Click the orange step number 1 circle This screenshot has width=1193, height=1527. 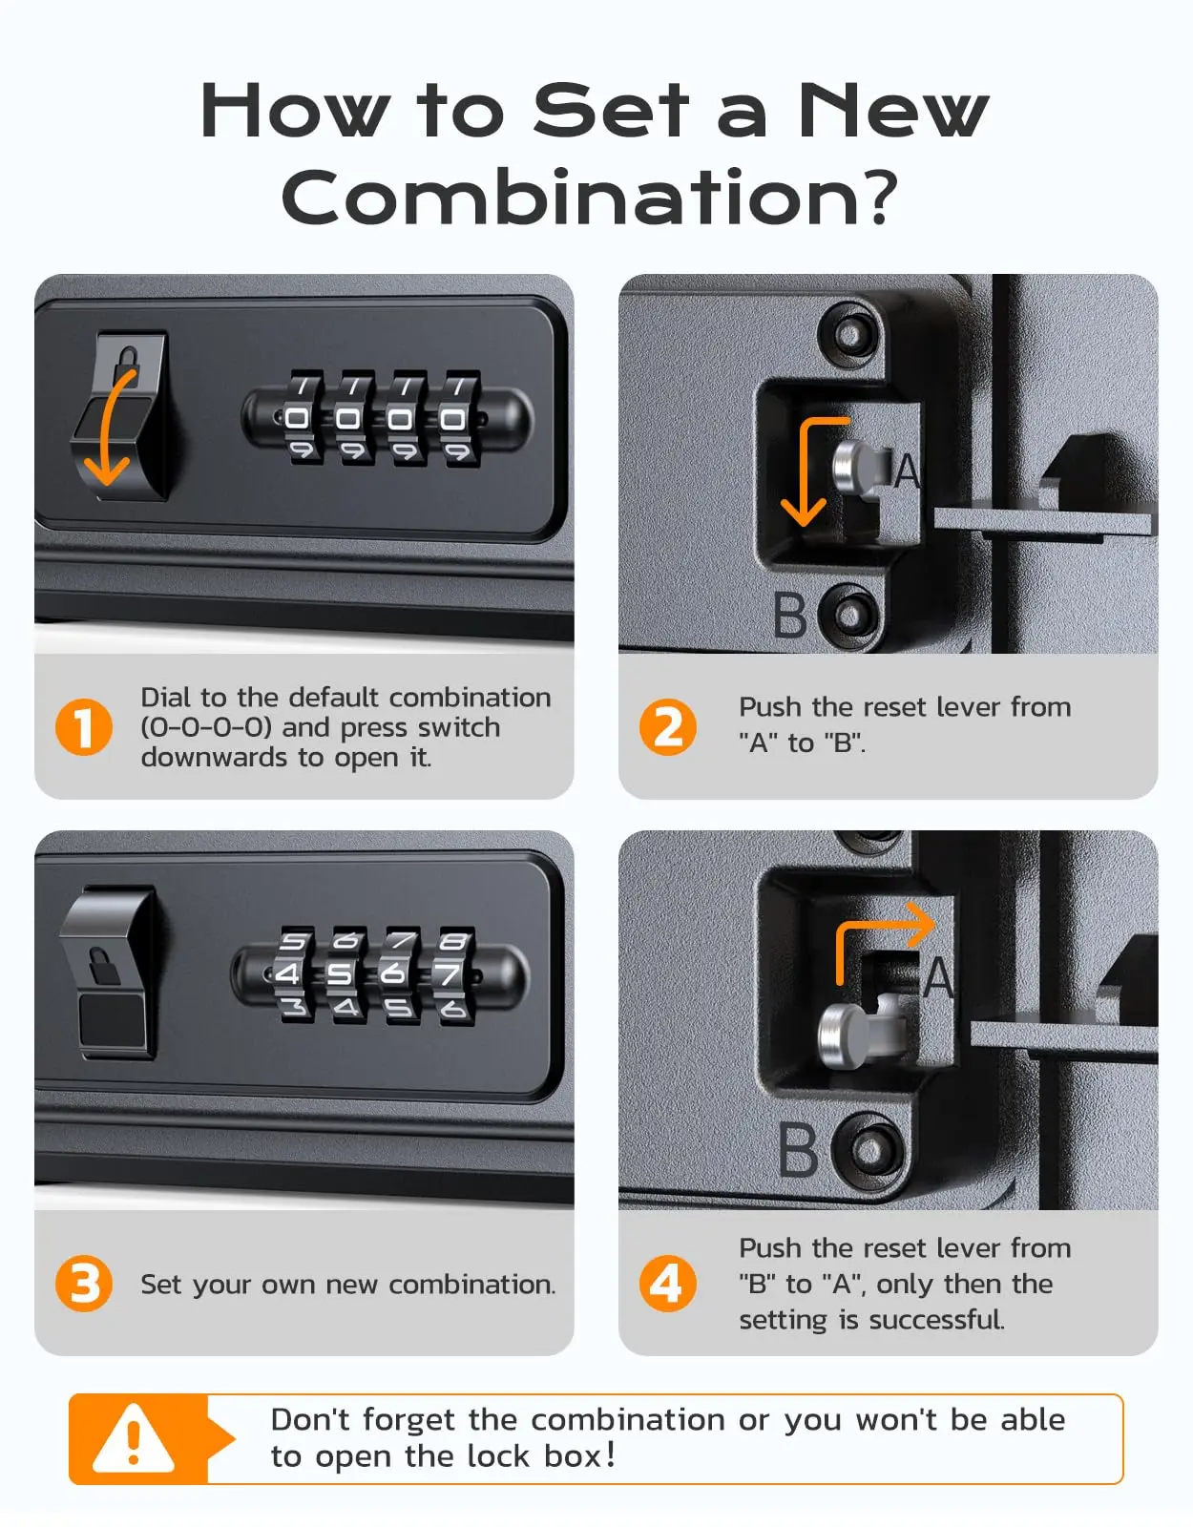pyautogui.click(x=84, y=727)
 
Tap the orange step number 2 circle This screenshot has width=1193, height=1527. pyautogui.click(x=667, y=727)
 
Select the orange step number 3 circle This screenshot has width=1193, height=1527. pyautogui.click(x=84, y=1284)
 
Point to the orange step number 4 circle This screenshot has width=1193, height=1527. pyautogui.click(x=667, y=1284)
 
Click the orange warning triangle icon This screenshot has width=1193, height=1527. pyautogui.click(x=134, y=1439)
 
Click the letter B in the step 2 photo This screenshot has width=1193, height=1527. pyautogui.click(x=790, y=616)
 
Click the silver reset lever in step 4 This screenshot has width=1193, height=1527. pyautogui.click(x=845, y=1035)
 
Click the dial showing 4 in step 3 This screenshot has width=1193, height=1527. pyautogui.click(x=289, y=974)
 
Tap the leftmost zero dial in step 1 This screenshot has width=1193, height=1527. pyautogui.click(x=297, y=418)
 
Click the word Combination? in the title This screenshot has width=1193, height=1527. pyautogui.click(x=590, y=197)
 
